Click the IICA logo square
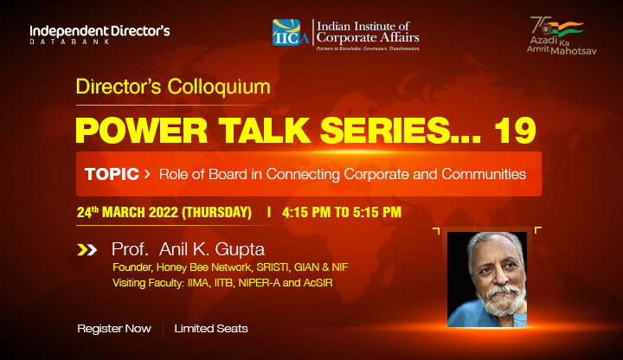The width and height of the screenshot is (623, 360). [286, 32]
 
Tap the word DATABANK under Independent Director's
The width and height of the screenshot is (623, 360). [70, 42]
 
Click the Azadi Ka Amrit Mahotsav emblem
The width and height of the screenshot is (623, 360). [562, 35]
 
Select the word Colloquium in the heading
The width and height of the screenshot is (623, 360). [219, 87]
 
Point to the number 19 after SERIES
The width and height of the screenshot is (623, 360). [516, 131]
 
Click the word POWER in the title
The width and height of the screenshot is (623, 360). [141, 131]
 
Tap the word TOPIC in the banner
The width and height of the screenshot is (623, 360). [112, 174]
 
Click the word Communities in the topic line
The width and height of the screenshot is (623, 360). [484, 174]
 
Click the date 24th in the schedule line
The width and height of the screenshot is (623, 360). [87, 212]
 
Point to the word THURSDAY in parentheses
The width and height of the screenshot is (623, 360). [216, 212]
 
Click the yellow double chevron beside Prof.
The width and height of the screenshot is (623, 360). [87, 250]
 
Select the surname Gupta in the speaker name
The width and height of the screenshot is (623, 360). [240, 250]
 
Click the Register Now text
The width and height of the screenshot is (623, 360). [114, 329]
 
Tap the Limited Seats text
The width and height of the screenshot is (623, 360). [211, 329]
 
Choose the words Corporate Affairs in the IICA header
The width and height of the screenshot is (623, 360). [368, 38]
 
